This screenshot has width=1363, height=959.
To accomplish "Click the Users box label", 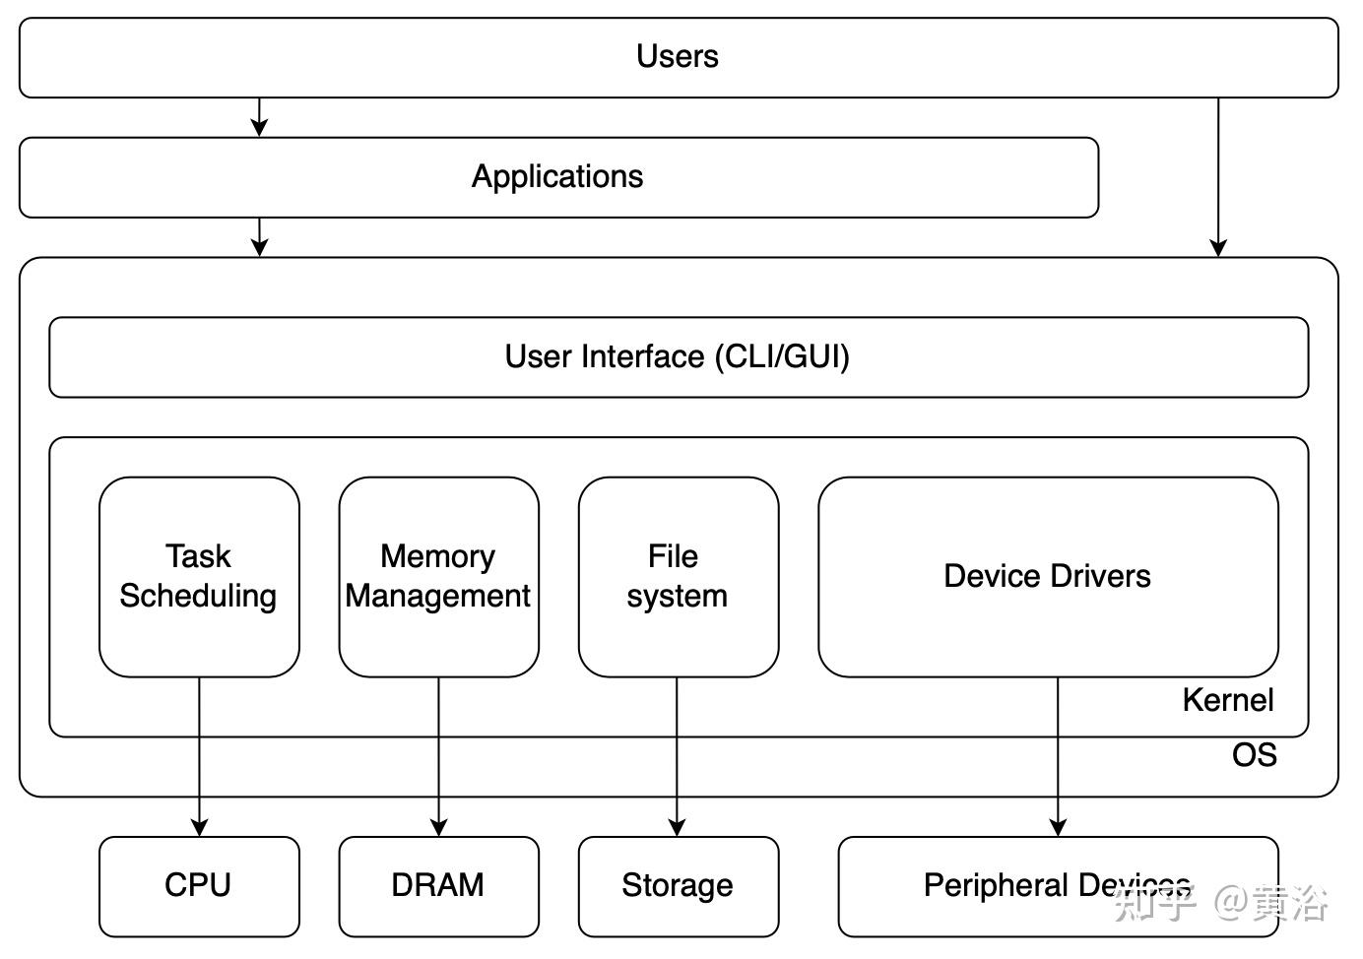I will pos(678,56).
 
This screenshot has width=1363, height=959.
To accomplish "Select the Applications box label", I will pos(557,176).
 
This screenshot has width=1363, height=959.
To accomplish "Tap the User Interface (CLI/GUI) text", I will pos(678,356).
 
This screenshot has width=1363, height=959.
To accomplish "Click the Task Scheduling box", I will pos(199,577).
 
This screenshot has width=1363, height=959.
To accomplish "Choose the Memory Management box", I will pos(438,577).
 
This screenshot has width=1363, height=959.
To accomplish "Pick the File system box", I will pos(678,577).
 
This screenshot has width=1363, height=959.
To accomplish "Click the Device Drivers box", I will pos(1048,576).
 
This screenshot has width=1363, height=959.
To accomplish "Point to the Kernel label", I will pos(1227,700).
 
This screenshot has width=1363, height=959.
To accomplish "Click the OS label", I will pos(1254,755).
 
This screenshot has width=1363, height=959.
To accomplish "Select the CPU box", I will pos(199,885).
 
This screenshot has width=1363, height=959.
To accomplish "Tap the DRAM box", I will pos(438,885).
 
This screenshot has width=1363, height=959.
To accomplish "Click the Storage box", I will pos(678,885).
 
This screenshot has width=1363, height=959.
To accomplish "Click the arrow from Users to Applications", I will pos(259,117).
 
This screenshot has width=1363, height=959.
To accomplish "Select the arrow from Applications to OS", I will pos(259,237).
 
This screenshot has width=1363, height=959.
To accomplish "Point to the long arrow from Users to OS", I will pos(1218,177).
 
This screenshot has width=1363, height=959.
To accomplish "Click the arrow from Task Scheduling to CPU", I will pos(199,758).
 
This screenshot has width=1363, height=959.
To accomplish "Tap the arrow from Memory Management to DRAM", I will pos(439,758).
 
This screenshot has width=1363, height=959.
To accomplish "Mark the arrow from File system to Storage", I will pos(677,758).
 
